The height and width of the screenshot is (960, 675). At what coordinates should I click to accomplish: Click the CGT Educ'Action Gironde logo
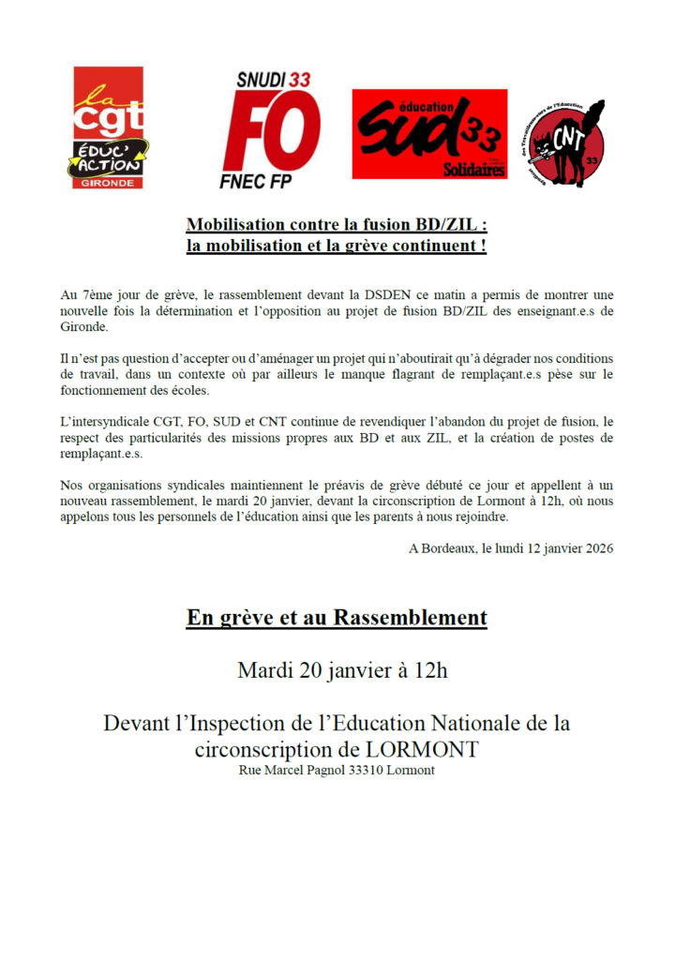tap(109, 127)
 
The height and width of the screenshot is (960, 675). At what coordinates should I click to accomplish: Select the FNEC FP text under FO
tap(276, 180)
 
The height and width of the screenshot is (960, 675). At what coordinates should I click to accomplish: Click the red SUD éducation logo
tap(429, 134)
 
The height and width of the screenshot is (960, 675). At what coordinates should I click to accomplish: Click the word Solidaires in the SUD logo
tap(474, 170)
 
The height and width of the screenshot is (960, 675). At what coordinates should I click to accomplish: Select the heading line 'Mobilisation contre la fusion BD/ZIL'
tap(337, 225)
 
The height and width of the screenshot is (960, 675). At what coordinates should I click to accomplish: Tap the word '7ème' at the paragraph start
tap(95, 293)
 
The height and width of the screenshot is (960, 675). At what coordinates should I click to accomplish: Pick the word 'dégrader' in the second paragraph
tap(487, 359)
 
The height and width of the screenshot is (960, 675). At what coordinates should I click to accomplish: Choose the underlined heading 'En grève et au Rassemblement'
tap(337, 618)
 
